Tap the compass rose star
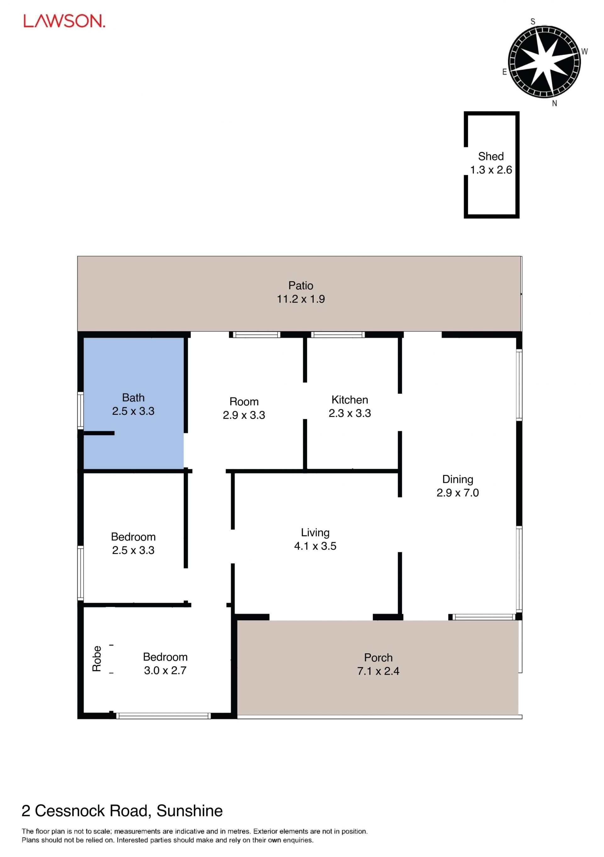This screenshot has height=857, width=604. [x=544, y=62]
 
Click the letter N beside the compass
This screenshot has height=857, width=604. [x=554, y=104]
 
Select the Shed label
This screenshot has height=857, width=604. [x=491, y=156]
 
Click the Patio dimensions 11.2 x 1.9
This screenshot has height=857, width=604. [x=301, y=299]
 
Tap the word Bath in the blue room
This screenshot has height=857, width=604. [x=133, y=397]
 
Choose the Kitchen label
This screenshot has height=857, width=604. [x=350, y=400]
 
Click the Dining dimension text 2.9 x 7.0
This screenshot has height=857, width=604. [x=458, y=493]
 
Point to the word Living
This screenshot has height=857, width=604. [x=315, y=533]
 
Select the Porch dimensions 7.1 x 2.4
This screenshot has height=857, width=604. [x=378, y=671]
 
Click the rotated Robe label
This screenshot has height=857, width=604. [x=97, y=659]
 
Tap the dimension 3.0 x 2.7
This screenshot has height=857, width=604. [x=165, y=670]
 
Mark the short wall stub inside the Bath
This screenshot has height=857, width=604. [x=99, y=433]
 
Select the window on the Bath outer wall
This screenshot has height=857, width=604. [x=80, y=410]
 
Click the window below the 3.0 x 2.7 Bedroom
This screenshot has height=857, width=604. [x=163, y=716]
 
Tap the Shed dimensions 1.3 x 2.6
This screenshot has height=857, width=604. [x=491, y=170]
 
